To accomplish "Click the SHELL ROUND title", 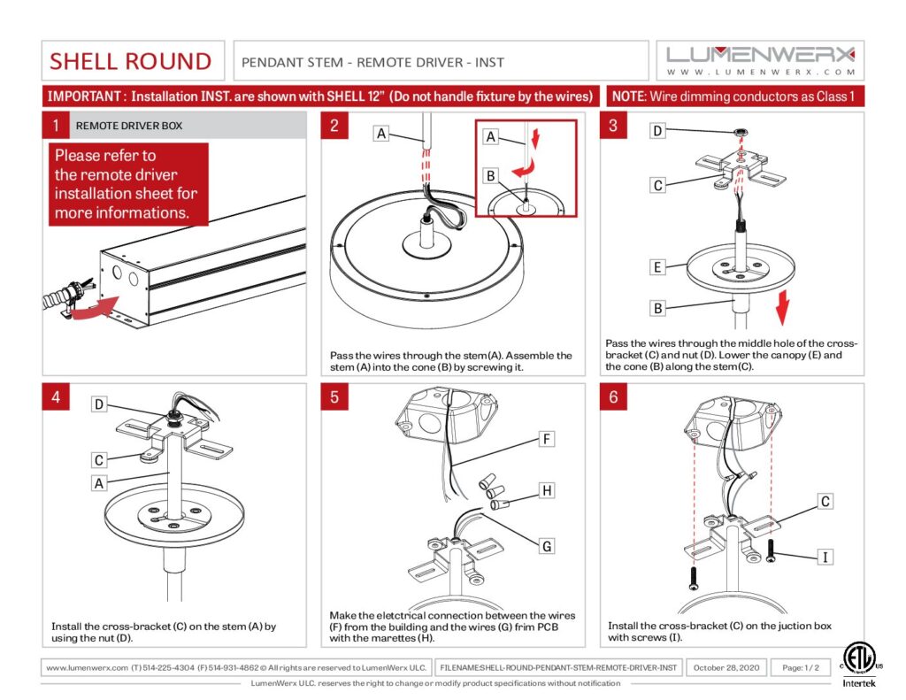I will point(131,61).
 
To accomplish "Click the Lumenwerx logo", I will point(761,59).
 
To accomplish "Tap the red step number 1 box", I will point(55,126).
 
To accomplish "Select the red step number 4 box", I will point(55,397).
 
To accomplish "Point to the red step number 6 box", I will point(613,397).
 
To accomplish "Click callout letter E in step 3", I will point(657,265).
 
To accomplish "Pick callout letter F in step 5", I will point(547,438).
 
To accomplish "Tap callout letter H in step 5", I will point(547,490).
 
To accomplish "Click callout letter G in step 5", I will point(547,546).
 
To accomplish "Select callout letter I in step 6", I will point(825,557).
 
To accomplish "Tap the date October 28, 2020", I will point(726,666).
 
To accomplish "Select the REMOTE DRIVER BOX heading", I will point(129,126).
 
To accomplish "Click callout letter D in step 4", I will point(100,404).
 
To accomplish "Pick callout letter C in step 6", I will point(825,502).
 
